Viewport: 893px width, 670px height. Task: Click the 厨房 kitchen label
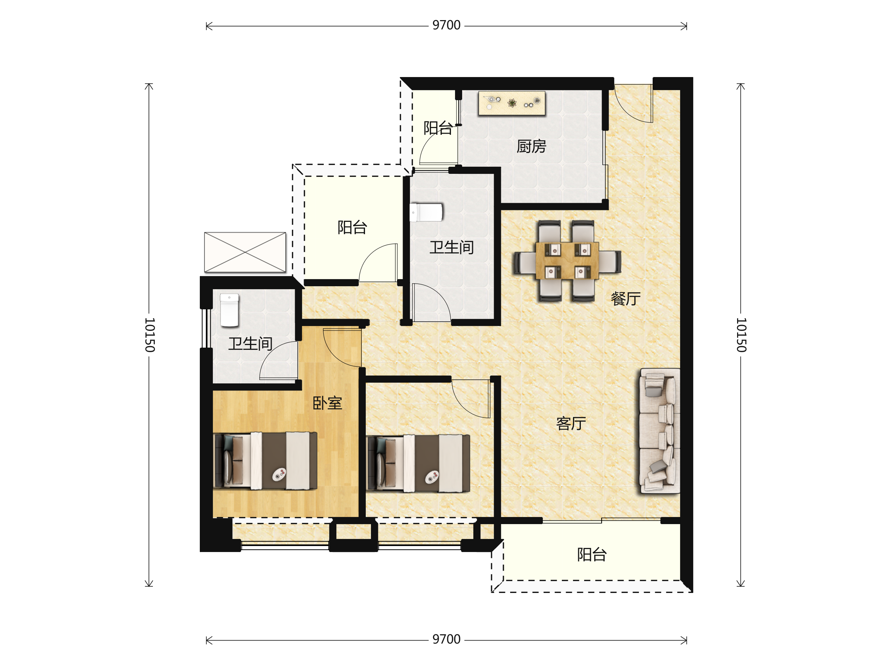pyautogui.click(x=531, y=146)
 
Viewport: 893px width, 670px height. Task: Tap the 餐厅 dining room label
pyautogui.click(x=625, y=299)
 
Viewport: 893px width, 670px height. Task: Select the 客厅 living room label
pyautogui.click(x=571, y=423)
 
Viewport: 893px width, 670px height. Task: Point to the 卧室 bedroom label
pyautogui.click(x=327, y=403)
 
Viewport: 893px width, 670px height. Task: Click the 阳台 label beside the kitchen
pyautogui.click(x=438, y=128)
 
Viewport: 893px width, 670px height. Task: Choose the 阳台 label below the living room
pyautogui.click(x=592, y=555)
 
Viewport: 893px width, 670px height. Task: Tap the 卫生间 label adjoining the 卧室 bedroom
pyautogui.click(x=250, y=344)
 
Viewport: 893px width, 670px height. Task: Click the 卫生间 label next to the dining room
pyautogui.click(x=451, y=247)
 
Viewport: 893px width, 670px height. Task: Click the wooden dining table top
pyautogui.click(x=567, y=261)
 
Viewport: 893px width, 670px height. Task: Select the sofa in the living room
pyautogui.click(x=660, y=431)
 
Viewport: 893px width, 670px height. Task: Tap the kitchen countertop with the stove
pyautogui.click(x=512, y=103)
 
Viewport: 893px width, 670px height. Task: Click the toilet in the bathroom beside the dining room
pyautogui.click(x=426, y=213)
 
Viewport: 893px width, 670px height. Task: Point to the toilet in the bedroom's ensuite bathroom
pyautogui.click(x=229, y=310)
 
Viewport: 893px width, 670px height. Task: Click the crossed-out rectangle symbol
pyautogui.click(x=245, y=252)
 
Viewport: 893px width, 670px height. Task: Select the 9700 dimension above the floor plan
pyautogui.click(x=446, y=25)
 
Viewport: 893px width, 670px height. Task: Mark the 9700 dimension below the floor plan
pyautogui.click(x=446, y=639)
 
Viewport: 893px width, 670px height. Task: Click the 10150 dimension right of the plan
pyautogui.click(x=741, y=335)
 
